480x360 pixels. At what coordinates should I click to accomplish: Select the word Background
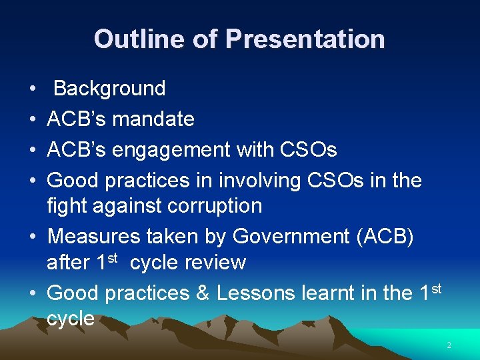coord(109,89)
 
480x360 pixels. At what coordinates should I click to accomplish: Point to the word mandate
coord(153,119)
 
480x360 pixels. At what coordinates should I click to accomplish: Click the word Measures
coord(93,236)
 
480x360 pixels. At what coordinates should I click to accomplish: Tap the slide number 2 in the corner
coord(449,345)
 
